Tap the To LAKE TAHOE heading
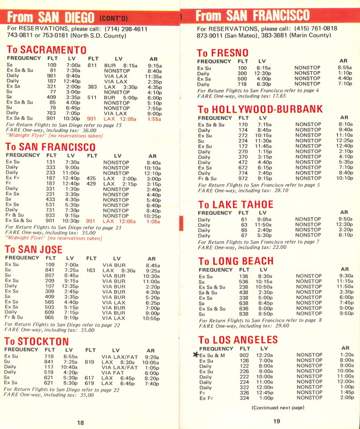(236, 204)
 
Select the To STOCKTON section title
(37, 342)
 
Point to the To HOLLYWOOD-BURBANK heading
(260, 109)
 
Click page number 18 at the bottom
(80, 423)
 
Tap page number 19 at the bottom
(276, 421)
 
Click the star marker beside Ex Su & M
(196, 354)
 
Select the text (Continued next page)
(277, 408)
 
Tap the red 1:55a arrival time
(154, 119)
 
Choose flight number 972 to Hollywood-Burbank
(243, 179)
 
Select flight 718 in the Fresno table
(243, 84)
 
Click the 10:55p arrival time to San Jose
(152, 318)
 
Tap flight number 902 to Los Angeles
(244, 355)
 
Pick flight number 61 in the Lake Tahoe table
(244, 219)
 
